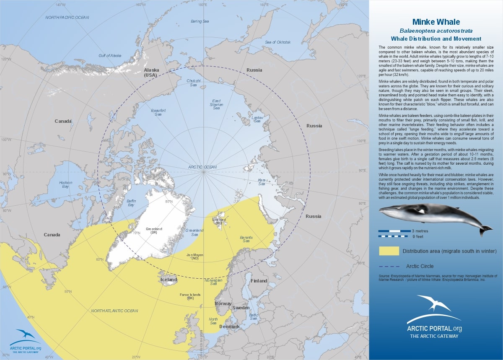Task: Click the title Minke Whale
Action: pos(436,22)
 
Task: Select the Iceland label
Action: pos(169,280)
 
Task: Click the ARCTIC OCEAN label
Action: pos(202,167)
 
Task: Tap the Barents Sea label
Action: pos(246,239)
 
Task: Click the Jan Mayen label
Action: pos(195,256)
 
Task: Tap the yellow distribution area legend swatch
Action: pos(389,251)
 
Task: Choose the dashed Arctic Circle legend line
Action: pos(389,266)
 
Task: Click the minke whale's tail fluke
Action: pos(486,229)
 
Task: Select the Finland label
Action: pos(259,281)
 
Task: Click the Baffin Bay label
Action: pos(131,203)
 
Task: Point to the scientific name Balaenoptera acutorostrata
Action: pos(436,31)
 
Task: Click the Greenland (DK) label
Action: pos(154,231)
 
